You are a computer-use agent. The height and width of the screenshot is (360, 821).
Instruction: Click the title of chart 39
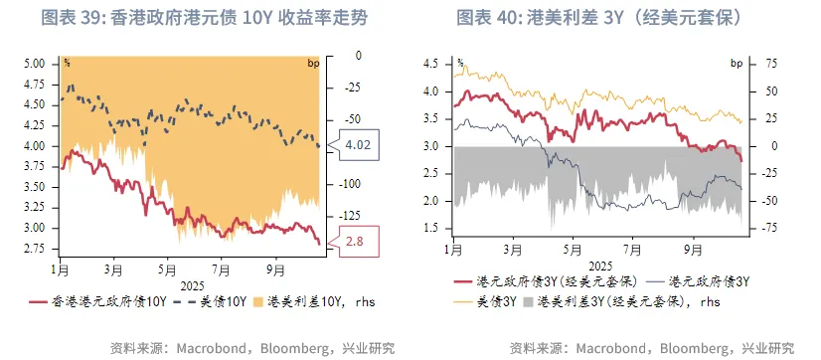click(205, 18)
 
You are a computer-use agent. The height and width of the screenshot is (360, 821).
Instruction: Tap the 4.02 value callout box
click(357, 145)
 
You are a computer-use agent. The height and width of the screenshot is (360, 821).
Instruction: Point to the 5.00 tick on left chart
click(35, 64)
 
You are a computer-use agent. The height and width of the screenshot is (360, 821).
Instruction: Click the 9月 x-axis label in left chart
click(274, 270)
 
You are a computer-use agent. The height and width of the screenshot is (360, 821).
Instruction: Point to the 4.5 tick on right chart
click(430, 64)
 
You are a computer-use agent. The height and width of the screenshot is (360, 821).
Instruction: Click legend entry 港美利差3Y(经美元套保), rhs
click(627, 299)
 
